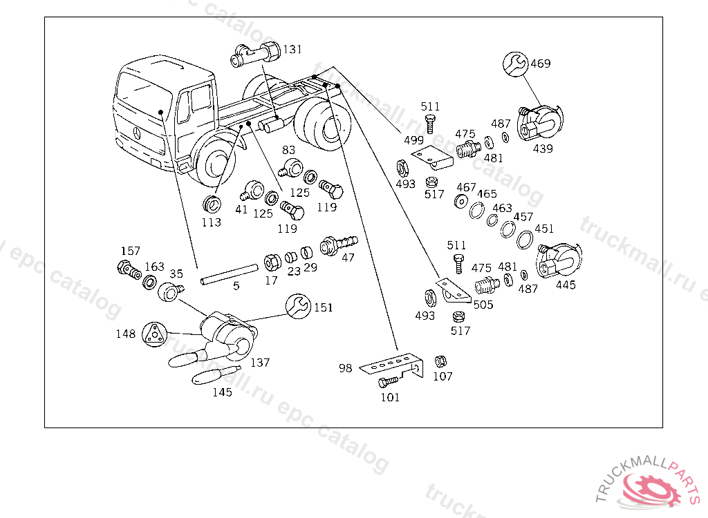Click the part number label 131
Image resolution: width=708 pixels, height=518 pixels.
tap(292, 49)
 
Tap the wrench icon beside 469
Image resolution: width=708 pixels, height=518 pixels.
tap(515, 64)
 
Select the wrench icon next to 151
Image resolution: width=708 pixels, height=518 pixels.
tap(299, 307)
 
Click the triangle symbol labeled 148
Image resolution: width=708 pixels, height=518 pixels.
tap(154, 334)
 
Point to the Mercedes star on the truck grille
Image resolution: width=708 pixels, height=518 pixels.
tap(138, 133)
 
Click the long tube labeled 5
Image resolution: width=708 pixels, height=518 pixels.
tap(230, 275)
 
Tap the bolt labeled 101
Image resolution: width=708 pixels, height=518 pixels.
tap(389, 382)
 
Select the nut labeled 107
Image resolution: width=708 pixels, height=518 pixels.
tap(440, 361)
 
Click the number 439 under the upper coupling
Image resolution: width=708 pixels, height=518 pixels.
tap(543, 148)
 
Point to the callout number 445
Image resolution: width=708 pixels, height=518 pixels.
tap(566, 285)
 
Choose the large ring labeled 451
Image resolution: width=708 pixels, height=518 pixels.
tap(525, 240)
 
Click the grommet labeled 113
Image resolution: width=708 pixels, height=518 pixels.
tap(212, 204)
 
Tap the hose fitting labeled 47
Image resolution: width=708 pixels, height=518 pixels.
tap(338, 245)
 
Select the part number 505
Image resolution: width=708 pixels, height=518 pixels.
tap(483, 305)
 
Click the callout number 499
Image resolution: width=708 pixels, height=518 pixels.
tap(413, 140)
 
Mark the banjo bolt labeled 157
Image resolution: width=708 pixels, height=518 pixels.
tap(129, 270)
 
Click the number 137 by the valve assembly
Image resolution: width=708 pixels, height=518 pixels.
tap(260, 363)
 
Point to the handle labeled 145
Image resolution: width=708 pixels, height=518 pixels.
tap(214, 375)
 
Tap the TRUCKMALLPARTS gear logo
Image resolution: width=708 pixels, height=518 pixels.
tap(647, 485)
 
